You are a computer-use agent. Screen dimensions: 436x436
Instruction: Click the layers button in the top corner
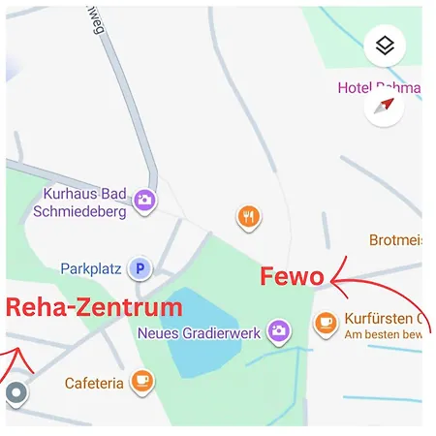pyautogui.click(x=385, y=46)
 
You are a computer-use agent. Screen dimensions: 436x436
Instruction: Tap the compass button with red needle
pyautogui.click(x=385, y=106)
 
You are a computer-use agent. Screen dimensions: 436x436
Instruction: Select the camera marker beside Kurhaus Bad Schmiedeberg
pyautogui.click(x=144, y=200)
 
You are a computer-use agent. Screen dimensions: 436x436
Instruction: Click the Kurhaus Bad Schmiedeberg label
pyautogui.click(x=84, y=202)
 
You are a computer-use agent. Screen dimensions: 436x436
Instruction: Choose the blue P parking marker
pyautogui.click(x=140, y=268)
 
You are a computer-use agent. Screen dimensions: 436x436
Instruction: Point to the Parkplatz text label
pyautogui.click(x=91, y=268)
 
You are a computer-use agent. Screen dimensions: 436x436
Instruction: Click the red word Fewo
pyautogui.click(x=292, y=277)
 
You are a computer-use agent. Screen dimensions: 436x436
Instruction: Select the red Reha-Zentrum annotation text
pyautogui.click(x=94, y=308)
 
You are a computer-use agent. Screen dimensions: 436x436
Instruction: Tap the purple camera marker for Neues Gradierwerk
pyautogui.click(x=279, y=331)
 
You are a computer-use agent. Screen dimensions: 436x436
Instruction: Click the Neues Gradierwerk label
pyautogui.click(x=201, y=332)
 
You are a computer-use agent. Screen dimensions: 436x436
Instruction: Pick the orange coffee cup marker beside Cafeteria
pyautogui.click(x=142, y=381)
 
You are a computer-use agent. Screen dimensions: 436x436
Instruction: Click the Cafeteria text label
pyautogui.click(x=94, y=384)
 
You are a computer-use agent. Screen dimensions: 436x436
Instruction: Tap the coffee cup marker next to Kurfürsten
pyautogui.click(x=326, y=322)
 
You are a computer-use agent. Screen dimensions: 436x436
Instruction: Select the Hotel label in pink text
pyautogui.click(x=378, y=88)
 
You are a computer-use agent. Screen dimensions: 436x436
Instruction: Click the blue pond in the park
pyautogui.click(x=202, y=339)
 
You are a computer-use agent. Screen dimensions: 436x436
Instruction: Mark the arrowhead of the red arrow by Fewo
pyautogui.click(x=335, y=281)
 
